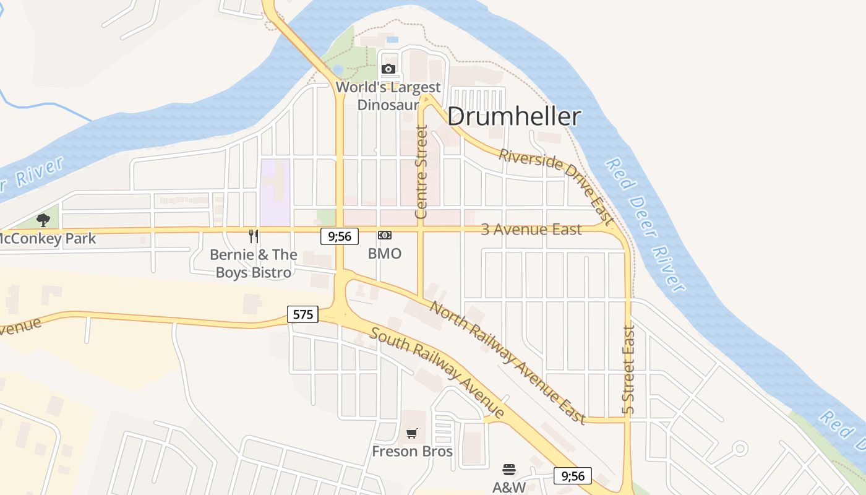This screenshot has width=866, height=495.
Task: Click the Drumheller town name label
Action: click(x=514, y=116)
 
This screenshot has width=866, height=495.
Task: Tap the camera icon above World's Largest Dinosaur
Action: click(x=388, y=69)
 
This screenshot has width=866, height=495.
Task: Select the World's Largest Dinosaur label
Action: click(x=388, y=96)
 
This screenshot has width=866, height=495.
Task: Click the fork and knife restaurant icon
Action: click(x=254, y=236)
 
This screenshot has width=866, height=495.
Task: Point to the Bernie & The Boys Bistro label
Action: click(x=254, y=264)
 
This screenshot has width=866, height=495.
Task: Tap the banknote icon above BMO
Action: click(x=385, y=235)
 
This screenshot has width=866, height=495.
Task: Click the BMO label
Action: click(x=385, y=253)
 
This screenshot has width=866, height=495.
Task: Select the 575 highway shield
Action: click(x=302, y=314)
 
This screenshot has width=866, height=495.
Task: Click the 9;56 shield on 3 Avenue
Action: click(x=340, y=236)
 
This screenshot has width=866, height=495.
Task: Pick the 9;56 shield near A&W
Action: click(x=573, y=476)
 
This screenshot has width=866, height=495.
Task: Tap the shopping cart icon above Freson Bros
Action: click(x=412, y=433)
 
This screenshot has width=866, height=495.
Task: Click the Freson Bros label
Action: click(x=412, y=451)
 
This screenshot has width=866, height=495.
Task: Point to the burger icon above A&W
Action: click(x=509, y=470)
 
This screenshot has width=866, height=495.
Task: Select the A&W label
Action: click(x=509, y=488)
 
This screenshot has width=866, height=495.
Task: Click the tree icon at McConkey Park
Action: click(x=43, y=220)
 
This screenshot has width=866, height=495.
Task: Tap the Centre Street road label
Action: click(x=421, y=172)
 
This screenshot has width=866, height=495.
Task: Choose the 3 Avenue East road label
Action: click(x=531, y=230)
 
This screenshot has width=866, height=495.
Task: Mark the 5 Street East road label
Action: click(x=628, y=370)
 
